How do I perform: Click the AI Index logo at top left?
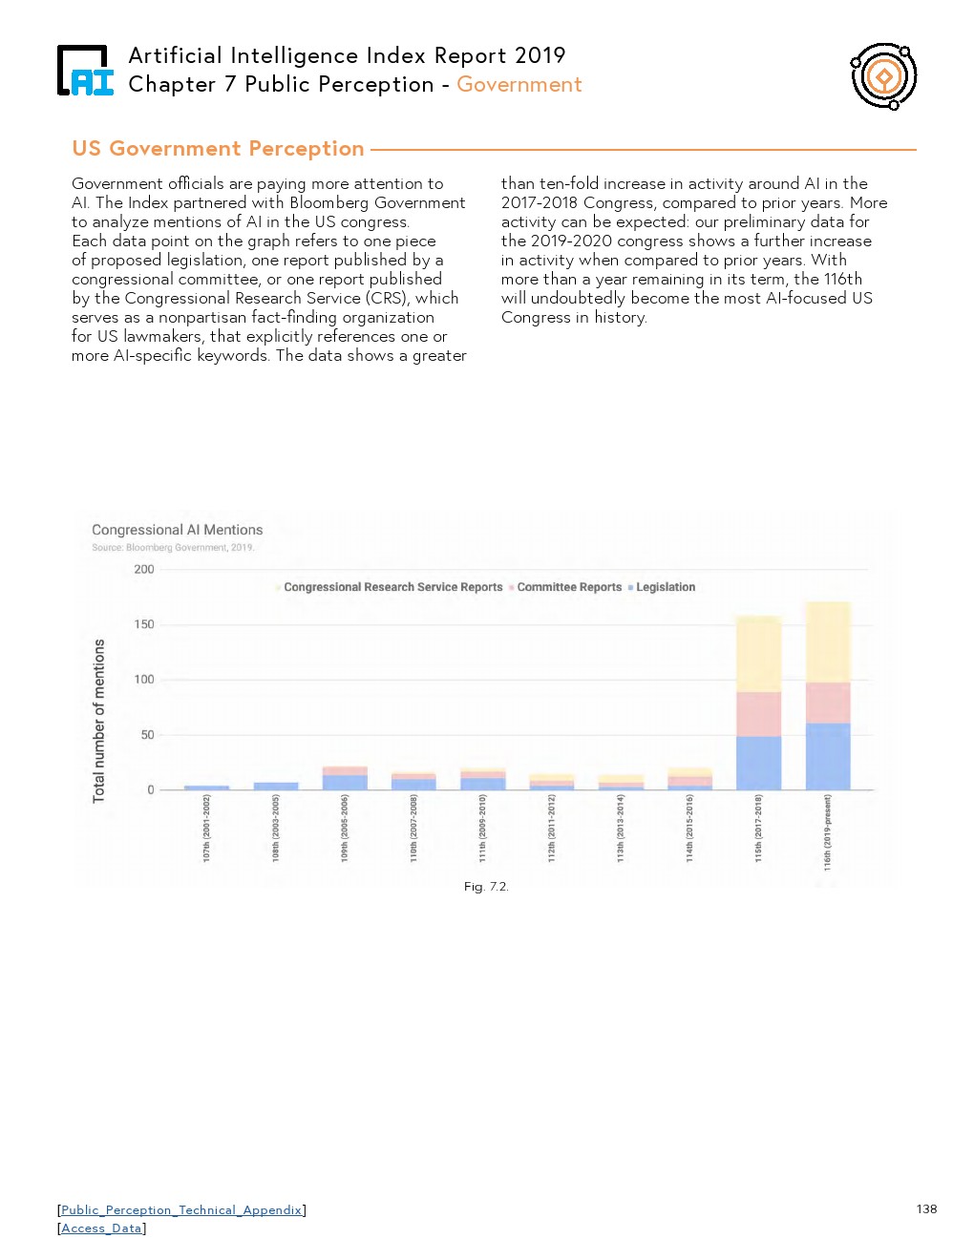point(85,72)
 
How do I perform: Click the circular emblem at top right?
point(884,76)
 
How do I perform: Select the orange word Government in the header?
point(519,84)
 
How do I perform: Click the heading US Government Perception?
point(218,149)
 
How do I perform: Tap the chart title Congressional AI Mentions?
point(177,530)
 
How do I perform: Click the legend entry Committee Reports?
point(568,587)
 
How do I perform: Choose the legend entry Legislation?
point(665,587)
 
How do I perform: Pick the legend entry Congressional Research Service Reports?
point(392,587)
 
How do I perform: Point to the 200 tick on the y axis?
point(144,569)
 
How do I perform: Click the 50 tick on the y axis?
point(147,735)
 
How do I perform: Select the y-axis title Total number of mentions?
point(99,721)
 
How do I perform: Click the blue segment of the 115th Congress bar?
point(758,763)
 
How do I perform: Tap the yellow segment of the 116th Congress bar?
point(828,641)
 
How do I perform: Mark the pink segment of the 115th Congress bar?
point(758,714)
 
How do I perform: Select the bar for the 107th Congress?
point(206,787)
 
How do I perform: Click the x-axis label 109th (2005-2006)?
point(345,828)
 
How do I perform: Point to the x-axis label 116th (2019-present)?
point(828,831)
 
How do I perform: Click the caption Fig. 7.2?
point(486,887)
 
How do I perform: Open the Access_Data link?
point(101,1228)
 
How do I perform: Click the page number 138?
point(926,1209)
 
